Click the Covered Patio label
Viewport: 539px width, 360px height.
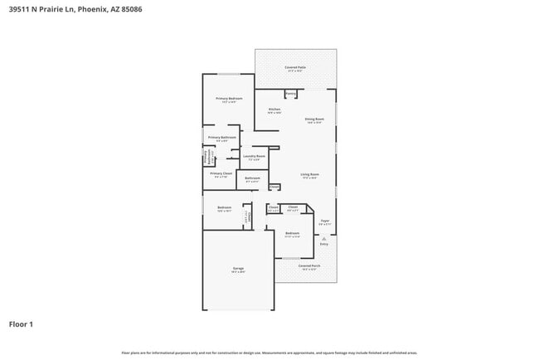coord(295,66)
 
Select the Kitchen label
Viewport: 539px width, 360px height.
coord(274,109)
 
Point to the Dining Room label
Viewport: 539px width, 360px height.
coord(313,119)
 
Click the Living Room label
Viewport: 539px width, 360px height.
coord(309,174)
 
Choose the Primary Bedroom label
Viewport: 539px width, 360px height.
coord(229,99)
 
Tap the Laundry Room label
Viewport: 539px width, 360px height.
coord(254,156)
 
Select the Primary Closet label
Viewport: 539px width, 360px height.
coord(221,173)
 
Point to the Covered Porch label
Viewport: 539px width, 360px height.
coord(309,265)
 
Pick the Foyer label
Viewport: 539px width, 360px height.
coord(325,221)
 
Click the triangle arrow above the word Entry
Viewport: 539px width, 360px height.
coord(324,237)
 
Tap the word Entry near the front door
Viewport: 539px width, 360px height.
coord(324,244)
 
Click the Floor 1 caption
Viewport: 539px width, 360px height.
coord(21,324)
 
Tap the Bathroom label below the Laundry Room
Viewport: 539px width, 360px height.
coord(252,178)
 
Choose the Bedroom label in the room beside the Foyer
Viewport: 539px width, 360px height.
coord(292,233)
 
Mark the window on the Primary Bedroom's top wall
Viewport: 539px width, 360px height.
coord(230,75)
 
